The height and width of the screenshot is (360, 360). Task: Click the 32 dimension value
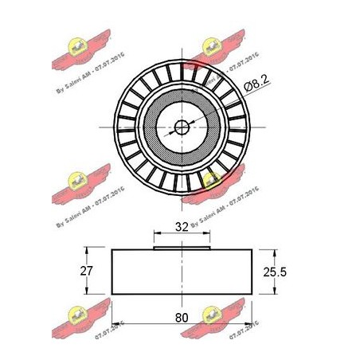click(182, 226)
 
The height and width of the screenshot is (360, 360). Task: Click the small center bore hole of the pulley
click(182, 125)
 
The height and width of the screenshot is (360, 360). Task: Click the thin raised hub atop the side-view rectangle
click(182, 248)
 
